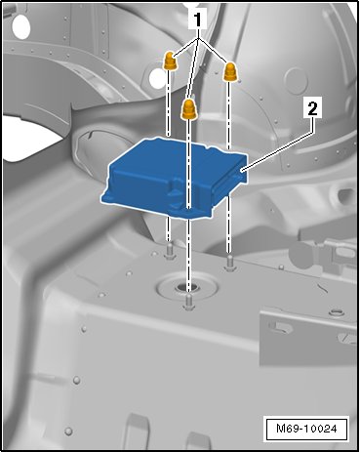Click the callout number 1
[197, 21]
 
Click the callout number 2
[312, 108]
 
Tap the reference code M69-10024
[306, 429]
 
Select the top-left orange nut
[170, 61]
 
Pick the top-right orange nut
[231, 71]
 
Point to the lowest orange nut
[188, 109]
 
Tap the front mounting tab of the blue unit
[188, 212]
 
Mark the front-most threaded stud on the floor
[188, 302]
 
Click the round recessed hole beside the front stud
[187, 287]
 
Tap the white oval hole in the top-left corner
[21, 25]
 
